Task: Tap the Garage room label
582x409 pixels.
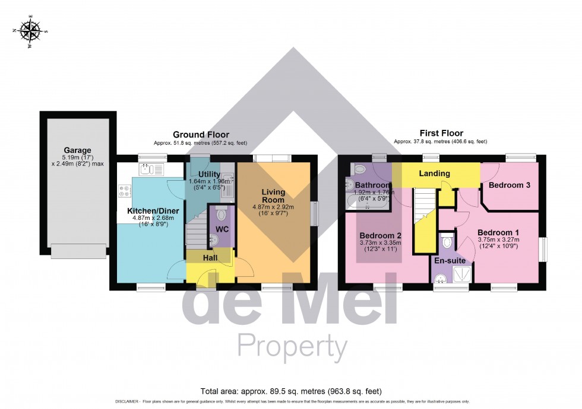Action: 78,151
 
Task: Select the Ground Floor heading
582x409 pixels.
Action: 201,135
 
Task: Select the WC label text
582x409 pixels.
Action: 222,229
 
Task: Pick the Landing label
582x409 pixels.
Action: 434,174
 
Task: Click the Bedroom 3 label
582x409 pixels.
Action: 509,186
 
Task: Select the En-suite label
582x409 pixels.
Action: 449,260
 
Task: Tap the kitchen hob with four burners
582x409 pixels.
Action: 125,191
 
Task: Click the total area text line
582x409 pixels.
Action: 291,391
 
